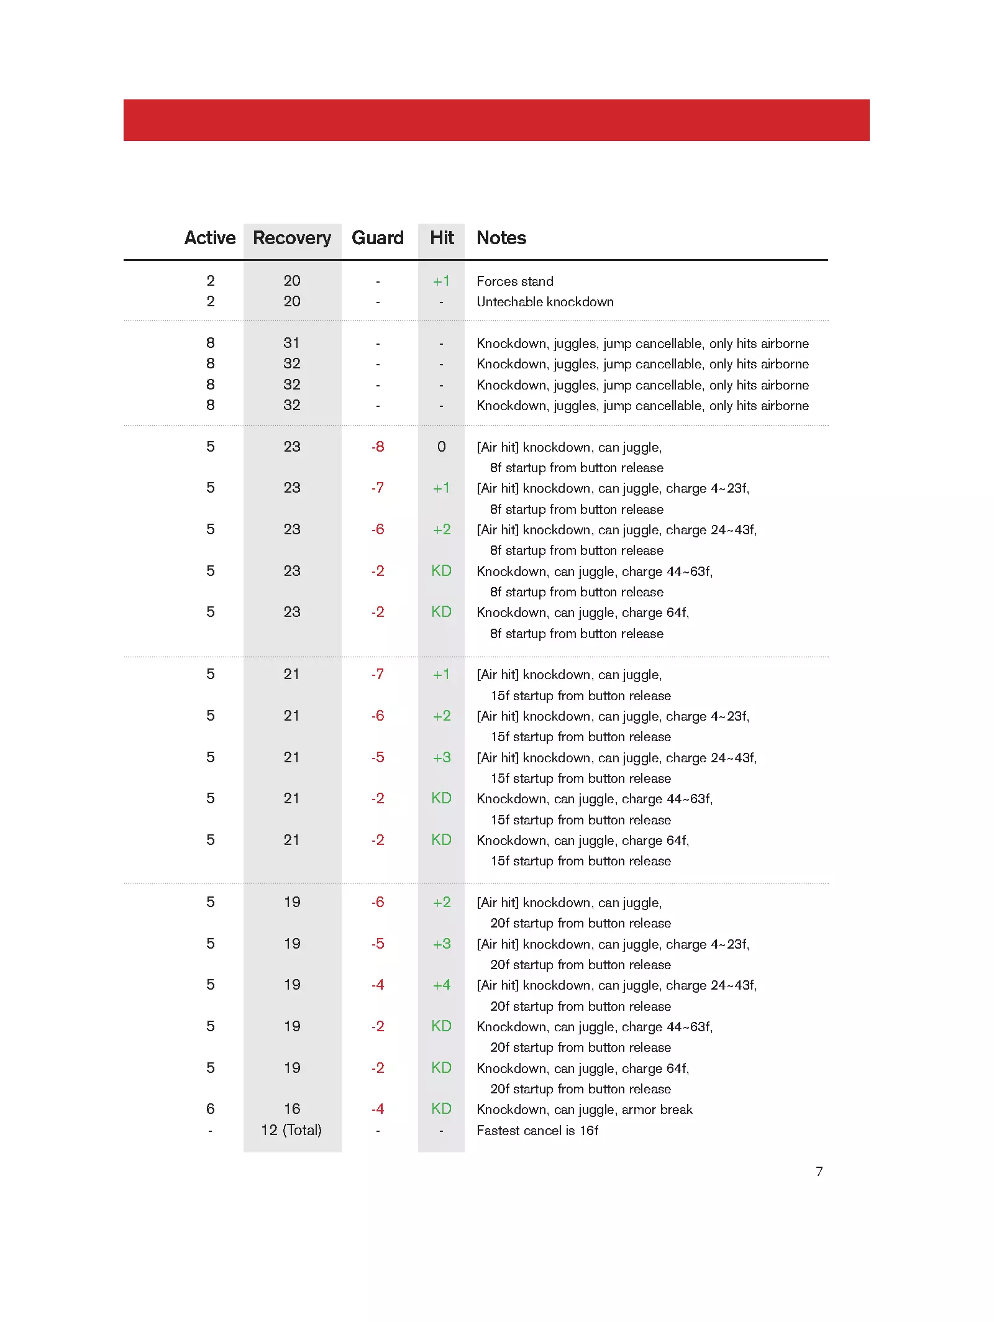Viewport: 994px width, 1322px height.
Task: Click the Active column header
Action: coord(210,238)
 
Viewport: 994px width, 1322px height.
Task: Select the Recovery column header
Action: coord(292,238)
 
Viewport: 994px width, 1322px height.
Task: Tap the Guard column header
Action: coord(377,238)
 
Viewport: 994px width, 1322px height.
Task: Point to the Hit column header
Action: coord(442,238)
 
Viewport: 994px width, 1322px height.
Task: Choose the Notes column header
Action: coord(501,238)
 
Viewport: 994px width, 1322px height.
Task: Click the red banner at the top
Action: coord(496,120)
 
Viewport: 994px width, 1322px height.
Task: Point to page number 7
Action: coord(819,1171)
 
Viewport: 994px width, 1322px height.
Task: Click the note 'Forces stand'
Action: coord(514,281)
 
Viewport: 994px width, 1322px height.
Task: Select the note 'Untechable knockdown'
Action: coord(545,302)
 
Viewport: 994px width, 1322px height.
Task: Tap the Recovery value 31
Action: coord(291,343)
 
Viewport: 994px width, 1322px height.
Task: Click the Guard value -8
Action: coord(378,447)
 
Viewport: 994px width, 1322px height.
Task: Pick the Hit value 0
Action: coord(441,447)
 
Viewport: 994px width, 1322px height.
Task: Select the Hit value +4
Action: coord(441,985)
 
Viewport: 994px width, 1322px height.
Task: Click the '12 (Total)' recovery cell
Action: coord(291,1130)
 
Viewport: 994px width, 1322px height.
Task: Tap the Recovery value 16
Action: coord(292,1109)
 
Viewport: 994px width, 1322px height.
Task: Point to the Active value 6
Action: coord(211,1109)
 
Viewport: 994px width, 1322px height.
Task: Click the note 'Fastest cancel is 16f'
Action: coord(537,1131)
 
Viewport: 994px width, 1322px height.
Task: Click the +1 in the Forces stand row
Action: coord(441,281)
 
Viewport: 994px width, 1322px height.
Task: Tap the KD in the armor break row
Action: coord(441,1109)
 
